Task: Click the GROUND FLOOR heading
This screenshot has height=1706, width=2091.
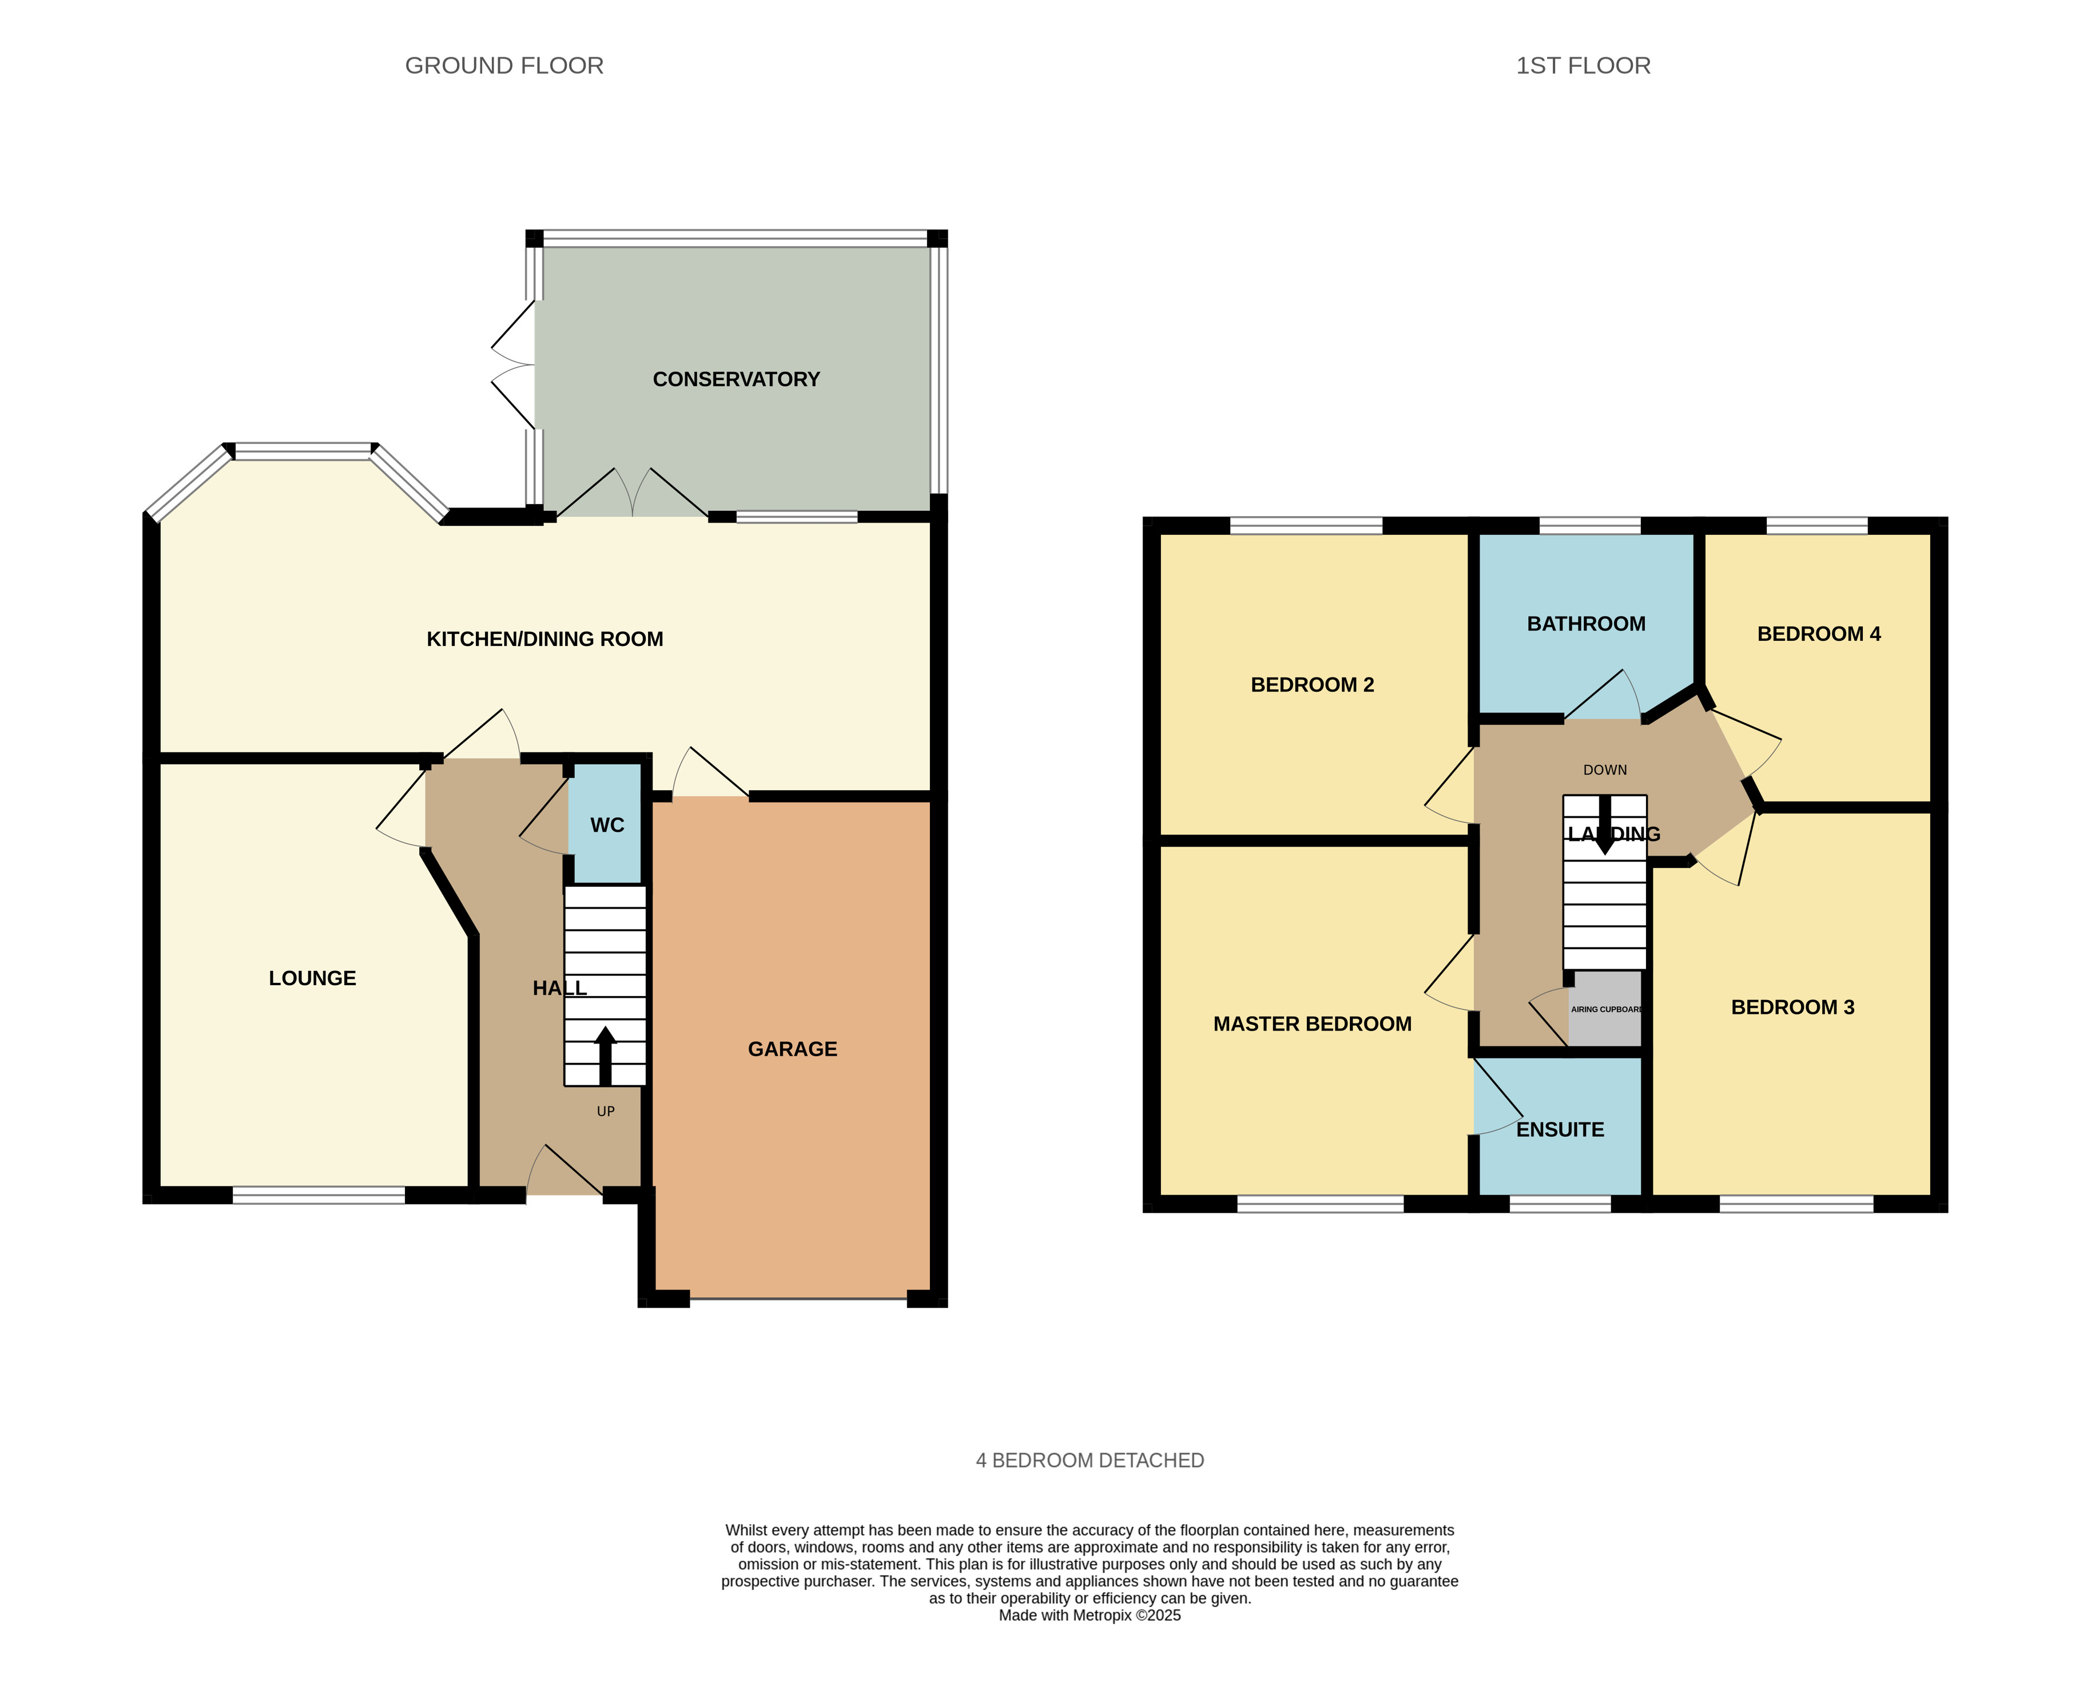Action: coord(504,66)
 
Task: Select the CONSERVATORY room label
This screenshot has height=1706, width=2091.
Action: coord(736,379)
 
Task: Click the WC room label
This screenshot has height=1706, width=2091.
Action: coord(607,826)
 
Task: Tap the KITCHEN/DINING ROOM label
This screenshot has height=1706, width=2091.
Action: coord(544,639)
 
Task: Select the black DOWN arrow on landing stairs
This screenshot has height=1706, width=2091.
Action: coord(1605,826)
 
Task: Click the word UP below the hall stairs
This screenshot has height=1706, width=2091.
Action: coord(605,1112)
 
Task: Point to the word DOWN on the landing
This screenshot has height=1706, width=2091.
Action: coord(1605,771)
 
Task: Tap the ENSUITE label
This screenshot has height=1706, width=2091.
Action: coord(1560,1130)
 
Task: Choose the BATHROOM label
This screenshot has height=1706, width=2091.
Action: coord(1586,624)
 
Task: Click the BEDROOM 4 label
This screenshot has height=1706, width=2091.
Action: coord(1818,634)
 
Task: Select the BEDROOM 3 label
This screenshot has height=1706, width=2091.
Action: coord(1792,1007)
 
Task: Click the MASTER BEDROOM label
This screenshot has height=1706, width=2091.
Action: coord(1312,1024)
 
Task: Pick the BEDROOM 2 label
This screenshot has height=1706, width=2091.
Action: coord(1312,685)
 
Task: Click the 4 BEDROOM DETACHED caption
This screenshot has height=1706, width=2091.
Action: coord(1089,1461)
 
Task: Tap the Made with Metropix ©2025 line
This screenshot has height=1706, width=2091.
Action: coord(1089,1614)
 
